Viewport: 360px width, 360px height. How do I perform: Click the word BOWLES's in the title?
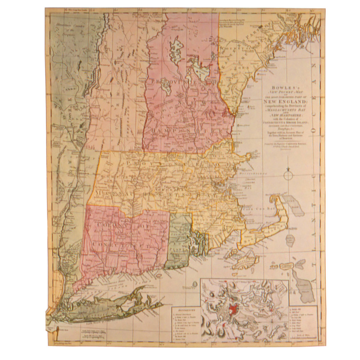tap(283, 87)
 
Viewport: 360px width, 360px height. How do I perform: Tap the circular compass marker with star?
tap(288, 175)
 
